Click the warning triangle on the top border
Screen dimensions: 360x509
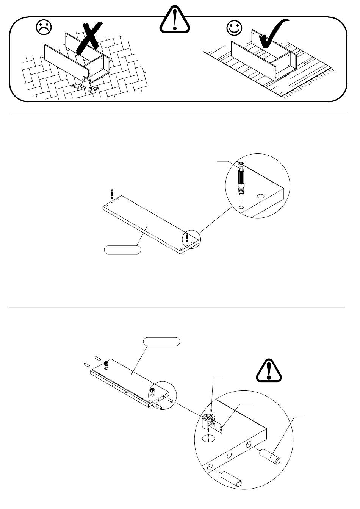point(175,20)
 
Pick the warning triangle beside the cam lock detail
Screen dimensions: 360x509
point(269,370)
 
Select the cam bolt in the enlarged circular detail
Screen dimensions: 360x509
point(241,178)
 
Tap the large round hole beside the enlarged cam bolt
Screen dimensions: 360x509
point(260,197)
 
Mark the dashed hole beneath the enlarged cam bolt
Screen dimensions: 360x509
point(241,208)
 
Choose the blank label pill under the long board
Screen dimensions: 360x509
point(122,250)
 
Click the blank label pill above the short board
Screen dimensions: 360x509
point(161,342)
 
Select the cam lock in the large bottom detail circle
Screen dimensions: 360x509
point(209,421)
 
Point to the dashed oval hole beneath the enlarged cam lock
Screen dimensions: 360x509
point(208,439)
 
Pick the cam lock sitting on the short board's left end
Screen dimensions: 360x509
point(106,364)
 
